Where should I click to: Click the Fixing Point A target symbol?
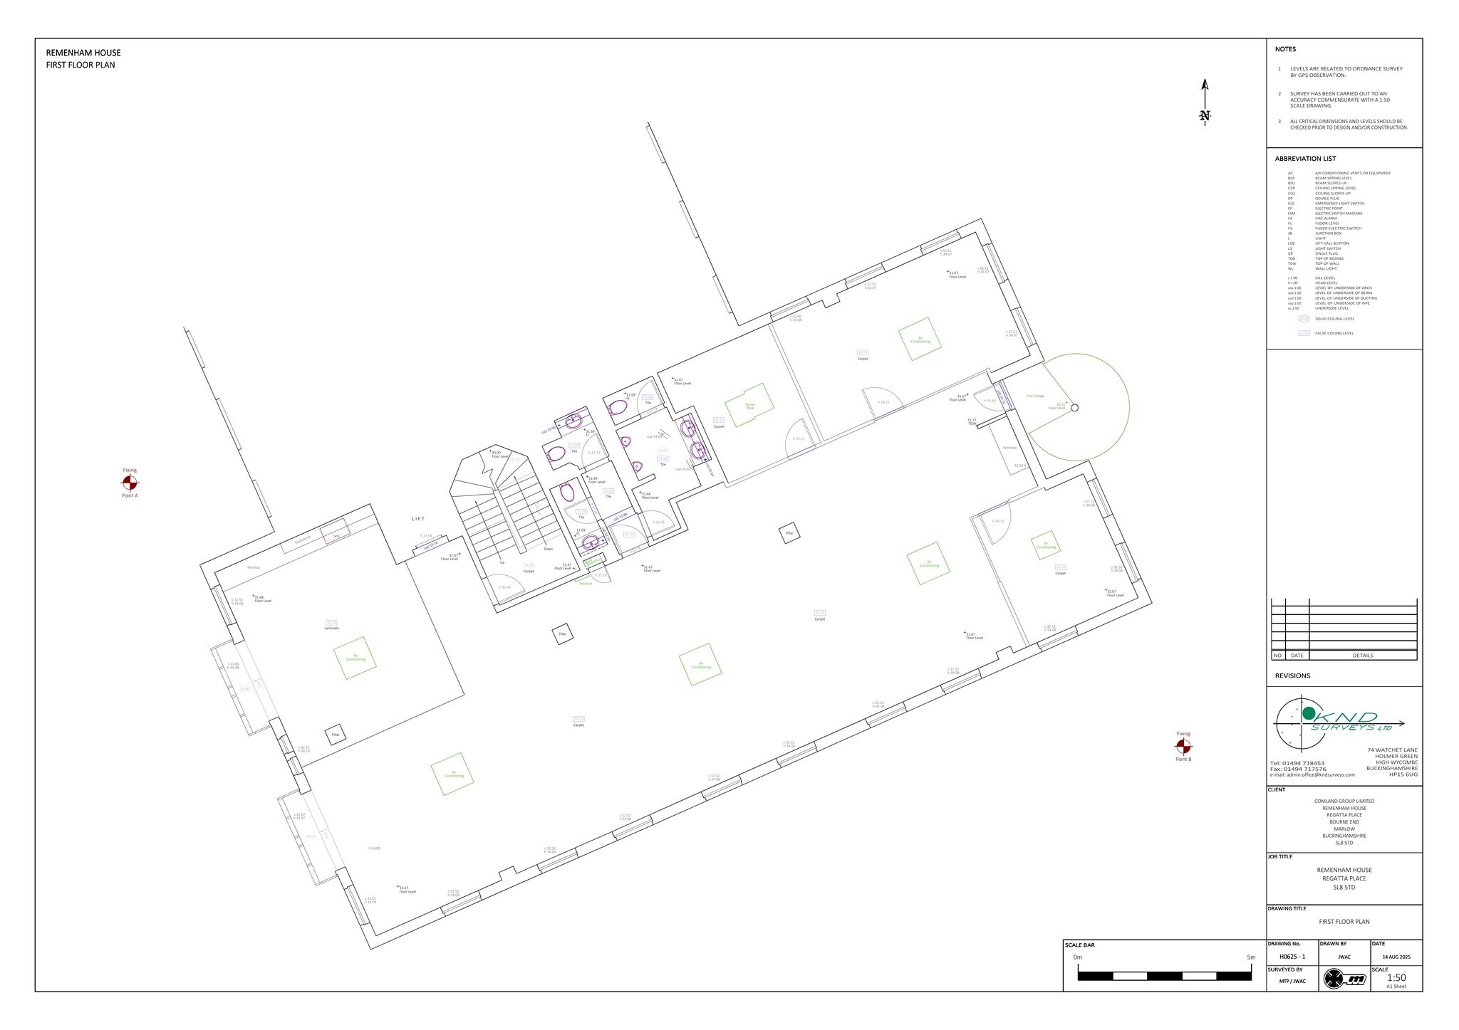(x=130, y=483)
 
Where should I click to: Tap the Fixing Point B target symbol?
(x=1183, y=746)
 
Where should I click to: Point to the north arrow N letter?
(x=1205, y=115)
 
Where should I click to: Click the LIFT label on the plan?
(x=418, y=519)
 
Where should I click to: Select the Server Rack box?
(x=749, y=405)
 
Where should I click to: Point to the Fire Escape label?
(x=1034, y=396)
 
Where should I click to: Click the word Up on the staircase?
(x=502, y=562)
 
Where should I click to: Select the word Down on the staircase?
(x=548, y=549)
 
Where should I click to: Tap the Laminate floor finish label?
(x=331, y=629)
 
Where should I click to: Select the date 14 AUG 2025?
(x=1396, y=957)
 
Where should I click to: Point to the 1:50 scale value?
(x=1396, y=978)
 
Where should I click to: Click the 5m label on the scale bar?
(x=1251, y=957)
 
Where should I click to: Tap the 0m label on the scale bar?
(x=1077, y=957)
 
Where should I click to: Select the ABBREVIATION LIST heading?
(x=1305, y=159)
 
